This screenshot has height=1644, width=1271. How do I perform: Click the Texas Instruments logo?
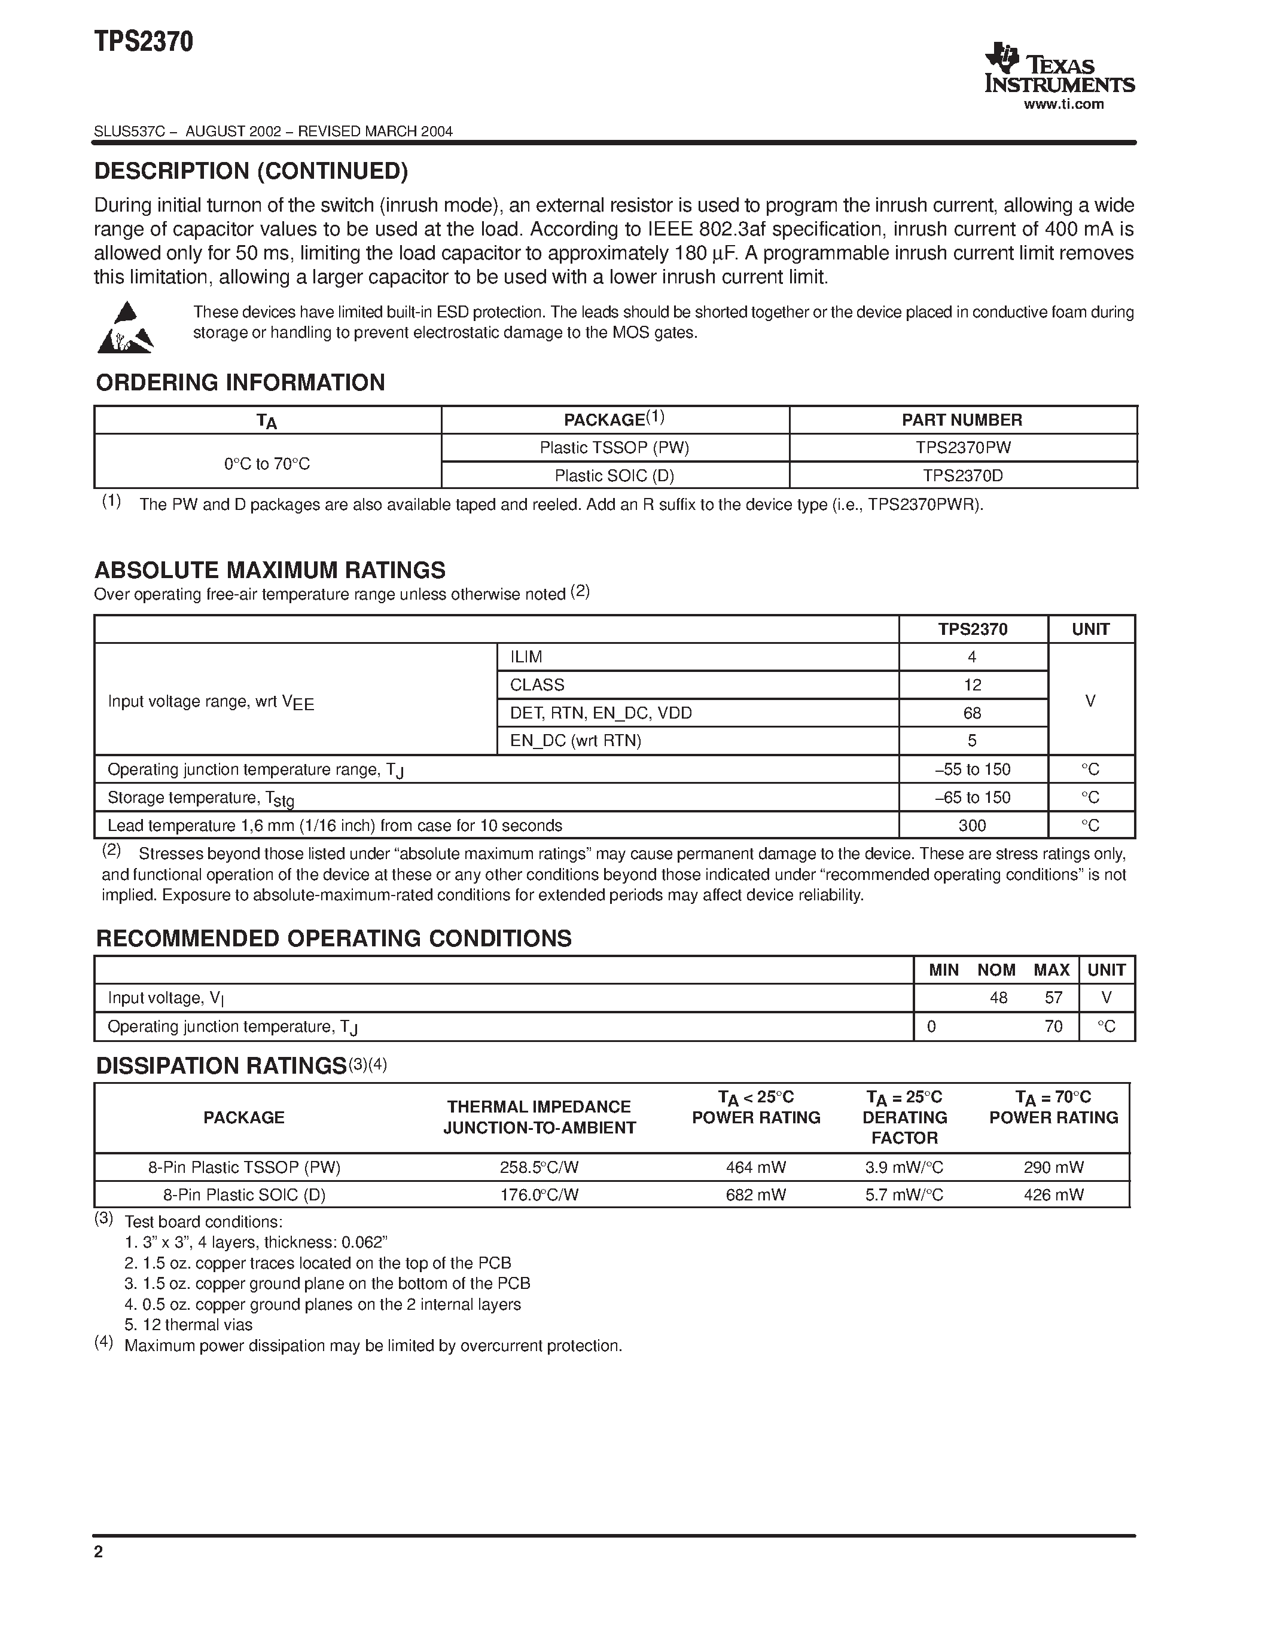click(x=1058, y=69)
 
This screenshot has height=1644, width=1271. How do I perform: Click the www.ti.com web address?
click(x=1063, y=105)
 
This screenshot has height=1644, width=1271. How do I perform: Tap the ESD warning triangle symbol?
click(x=125, y=328)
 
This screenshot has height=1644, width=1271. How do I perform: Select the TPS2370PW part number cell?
click(x=962, y=448)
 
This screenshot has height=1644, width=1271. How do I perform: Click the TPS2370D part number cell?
click(x=962, y=476)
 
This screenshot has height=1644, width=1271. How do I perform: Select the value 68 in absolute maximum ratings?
click(x=972, y=713)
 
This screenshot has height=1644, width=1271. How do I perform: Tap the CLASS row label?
click(x=537, y=685)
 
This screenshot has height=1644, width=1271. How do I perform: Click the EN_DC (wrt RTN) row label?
click(x=575, y=741)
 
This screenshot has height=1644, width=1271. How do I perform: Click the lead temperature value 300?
click(x=972, y=826)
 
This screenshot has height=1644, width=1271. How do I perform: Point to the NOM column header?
click(x=996, y=970)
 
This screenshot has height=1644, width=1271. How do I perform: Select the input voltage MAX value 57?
click(x=1053, y=998)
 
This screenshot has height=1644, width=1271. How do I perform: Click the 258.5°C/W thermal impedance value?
click(x=539, y=1168)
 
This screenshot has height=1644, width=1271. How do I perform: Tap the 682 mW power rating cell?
click(x=755, y=1194)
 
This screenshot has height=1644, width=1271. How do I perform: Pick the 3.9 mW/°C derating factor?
click(x=904, y=1168)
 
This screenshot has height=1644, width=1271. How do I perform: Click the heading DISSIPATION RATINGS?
click(x=221, y=1066)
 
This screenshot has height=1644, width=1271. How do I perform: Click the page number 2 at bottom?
click(x=99, y=1552)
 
